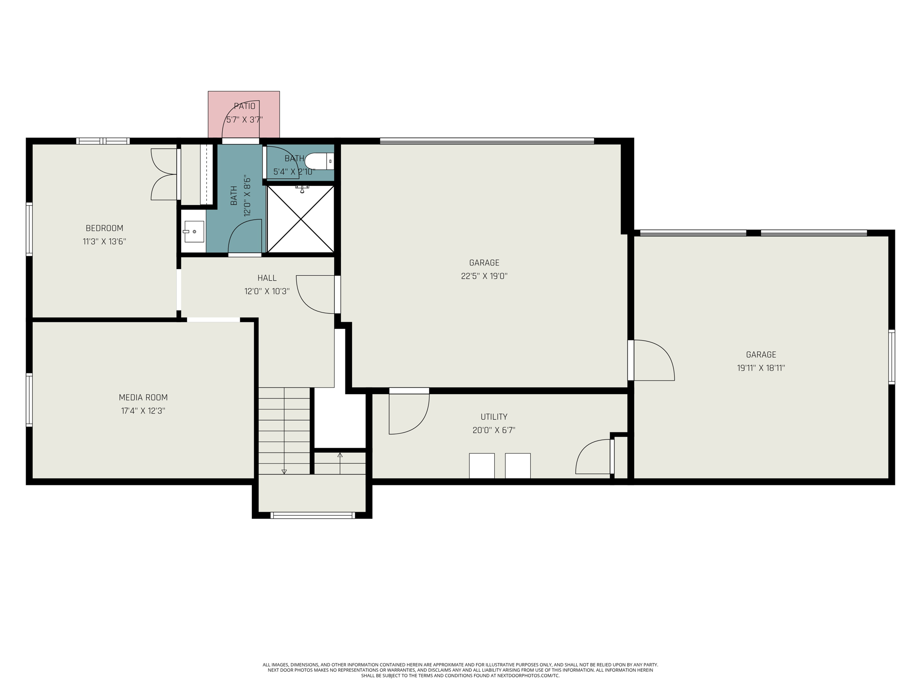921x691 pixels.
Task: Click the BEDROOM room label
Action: [104, 228]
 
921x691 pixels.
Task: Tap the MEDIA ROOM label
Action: [143, 398]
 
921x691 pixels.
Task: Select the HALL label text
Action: [267, 278]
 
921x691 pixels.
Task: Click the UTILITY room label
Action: [494, 417]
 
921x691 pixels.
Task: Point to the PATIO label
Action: [245, 106]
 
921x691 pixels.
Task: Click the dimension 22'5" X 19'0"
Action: [484, 276]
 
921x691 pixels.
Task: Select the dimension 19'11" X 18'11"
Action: [761, 368]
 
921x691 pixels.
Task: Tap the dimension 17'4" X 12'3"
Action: [143, 411]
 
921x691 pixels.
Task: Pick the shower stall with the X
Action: [300, 219]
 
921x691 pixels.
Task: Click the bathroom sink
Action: [193, 232]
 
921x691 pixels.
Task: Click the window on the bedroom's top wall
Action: [103, 141]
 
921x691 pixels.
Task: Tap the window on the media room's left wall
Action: [29, 399]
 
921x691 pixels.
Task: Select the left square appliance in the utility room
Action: [482, 466]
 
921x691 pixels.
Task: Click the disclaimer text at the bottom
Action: [460, 670]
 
